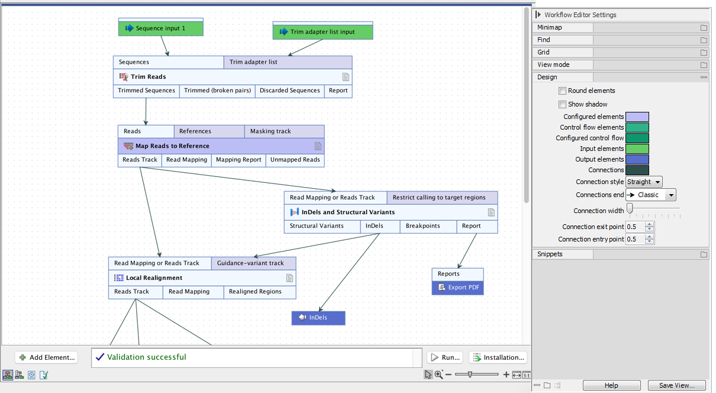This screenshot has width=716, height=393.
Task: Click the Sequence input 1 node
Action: [x=161, y=28]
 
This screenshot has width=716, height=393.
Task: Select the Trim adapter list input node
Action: [x=322, y=31]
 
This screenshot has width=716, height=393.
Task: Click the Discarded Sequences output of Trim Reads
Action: [x=289, y=91]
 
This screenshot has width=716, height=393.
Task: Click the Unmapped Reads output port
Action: [x=295, y=160]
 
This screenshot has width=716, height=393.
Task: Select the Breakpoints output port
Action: [x=422, y=226]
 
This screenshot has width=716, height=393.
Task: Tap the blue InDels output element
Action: [x=318, y=318]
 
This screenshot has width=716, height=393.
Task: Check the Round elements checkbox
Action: [x=562, y=91]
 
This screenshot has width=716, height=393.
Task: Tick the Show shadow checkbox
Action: [x=562, y=105]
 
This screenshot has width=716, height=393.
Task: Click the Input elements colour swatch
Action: [x=637, y=149]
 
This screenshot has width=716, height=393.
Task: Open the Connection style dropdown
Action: [x=644, y=182]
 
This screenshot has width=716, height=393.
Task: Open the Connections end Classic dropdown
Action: [x=650, y=195]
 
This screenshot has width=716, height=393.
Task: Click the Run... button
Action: [x=444, y=357]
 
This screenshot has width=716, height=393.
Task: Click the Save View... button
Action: [x=676, y=385]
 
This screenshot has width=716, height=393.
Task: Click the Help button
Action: [x=611, y=385]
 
